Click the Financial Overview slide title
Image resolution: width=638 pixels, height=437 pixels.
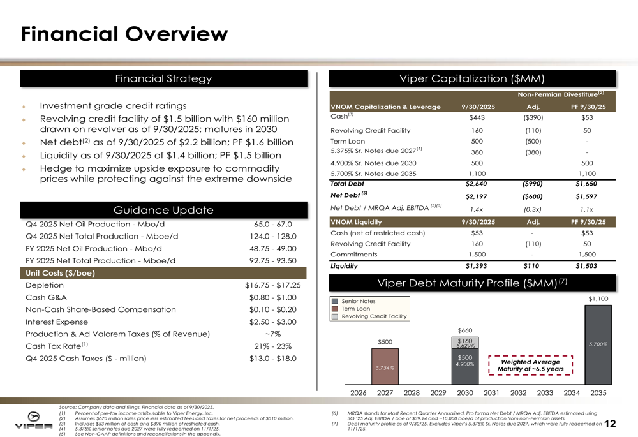pyautogui.click(x=124, y=33)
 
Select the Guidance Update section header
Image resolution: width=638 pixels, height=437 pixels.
pyautogui.click(x=163, y=210)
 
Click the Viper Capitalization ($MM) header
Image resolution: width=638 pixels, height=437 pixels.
pyautogui.click(x=472, y=78)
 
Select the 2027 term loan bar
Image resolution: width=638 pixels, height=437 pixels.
pyautogui.click(x=385, y=366)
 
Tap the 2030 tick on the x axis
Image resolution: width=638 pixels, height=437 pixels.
pyautogui.click(x=465, y=392)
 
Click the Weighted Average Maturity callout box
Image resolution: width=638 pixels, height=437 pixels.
pyautogui.click(x=530, y=366)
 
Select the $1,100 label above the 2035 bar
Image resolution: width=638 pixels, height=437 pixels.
pyautogui.click(x=598, y=298)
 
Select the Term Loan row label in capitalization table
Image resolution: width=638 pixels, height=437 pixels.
pyautogui.click(x=347, y=141)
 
